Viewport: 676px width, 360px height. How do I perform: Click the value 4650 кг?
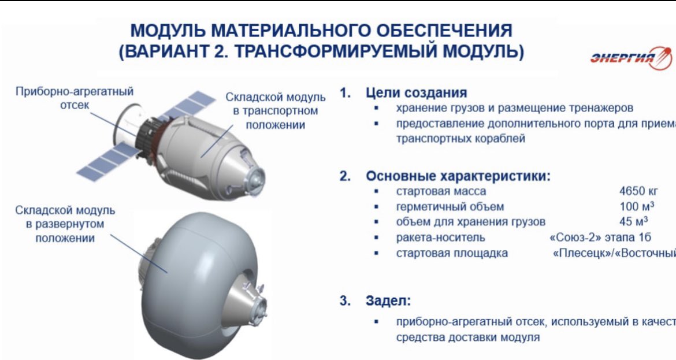click(638, 191)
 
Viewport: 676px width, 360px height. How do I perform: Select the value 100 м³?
click(633, 206)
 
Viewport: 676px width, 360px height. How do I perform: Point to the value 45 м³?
click(633, 221)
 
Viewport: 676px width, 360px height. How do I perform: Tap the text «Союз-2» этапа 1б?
click(599, 237)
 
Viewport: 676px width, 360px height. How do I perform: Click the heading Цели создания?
click(417, 92)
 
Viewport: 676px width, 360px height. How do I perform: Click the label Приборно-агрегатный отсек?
click(75, 99)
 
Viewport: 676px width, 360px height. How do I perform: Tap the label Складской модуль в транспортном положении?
click(271, 111)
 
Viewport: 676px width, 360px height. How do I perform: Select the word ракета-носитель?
click(440, 237)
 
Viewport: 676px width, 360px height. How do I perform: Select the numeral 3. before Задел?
click(345, 301)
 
